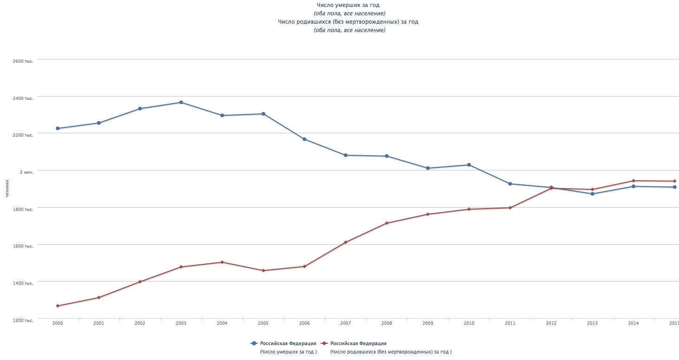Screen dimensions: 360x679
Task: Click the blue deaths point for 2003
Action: tap(181, 102)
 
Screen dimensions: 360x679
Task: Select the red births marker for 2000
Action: tap(58, 306)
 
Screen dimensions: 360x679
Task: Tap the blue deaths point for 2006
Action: tap(304, 139)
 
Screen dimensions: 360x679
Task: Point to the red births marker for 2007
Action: tap(346, 242)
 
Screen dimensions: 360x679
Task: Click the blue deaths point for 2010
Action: tap(469, 165)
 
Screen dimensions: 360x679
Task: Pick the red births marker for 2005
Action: tap(263, 270)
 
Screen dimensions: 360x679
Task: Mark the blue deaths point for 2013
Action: tap(592, 194)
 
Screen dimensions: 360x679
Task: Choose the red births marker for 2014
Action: tap(633, 181)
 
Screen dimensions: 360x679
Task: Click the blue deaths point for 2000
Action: tap(58, 128)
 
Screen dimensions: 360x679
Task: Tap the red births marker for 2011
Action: tap(510, 208)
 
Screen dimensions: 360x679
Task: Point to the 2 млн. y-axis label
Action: tap(26, 172)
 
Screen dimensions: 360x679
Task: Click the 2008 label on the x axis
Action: tap(386, 323)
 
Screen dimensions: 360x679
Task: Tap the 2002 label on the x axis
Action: tap(140, 323)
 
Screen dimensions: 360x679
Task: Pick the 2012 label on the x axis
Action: tap(551, 323)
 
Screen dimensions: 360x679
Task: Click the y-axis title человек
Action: tap(7, 189)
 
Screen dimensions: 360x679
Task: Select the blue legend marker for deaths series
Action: tap(254, 343)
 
